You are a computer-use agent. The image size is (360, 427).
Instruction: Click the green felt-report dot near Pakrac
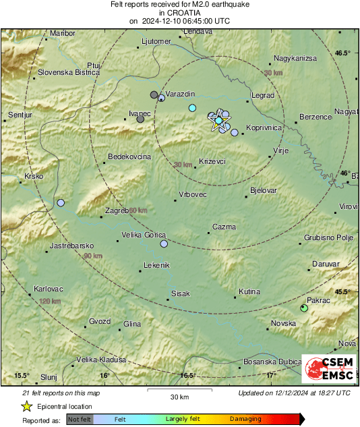(x=304, y=308)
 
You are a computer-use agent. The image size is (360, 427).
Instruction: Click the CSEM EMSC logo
(x=329, y=369)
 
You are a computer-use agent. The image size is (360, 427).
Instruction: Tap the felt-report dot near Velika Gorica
(x=164, y=244)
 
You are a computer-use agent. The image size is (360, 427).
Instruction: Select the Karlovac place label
(x=47, y=290)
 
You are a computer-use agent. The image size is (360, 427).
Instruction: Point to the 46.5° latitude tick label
(x=344, y=53)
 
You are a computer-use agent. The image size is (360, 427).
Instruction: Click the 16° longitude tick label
(x=104, y=376)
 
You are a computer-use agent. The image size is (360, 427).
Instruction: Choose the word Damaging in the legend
(x=245, y=419)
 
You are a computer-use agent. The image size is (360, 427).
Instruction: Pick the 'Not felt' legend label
(x=80, y=419)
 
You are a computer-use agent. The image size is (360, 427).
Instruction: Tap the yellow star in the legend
(x=26, y=407)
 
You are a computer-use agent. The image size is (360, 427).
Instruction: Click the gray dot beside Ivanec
(x=140, y=119)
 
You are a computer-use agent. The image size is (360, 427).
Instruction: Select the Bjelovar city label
(x=263, y=191)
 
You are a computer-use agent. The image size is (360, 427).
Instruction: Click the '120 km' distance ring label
(x=50, y=301)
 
